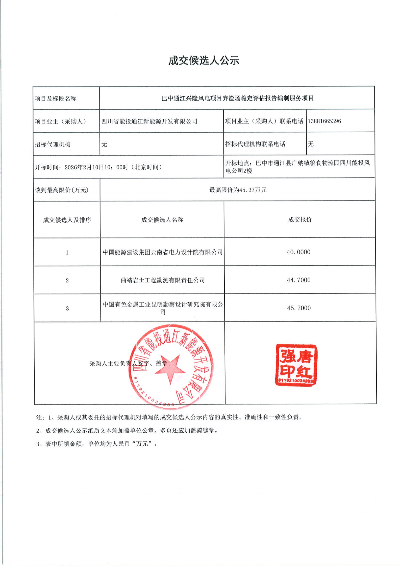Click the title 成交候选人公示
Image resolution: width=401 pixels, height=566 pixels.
click(x=204, y=61)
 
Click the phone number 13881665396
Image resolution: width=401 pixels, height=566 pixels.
click(x=324, y=121)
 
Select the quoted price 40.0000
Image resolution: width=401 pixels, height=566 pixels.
click(x=298, y=252)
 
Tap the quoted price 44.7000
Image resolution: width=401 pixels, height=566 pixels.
click(x=298, y=280)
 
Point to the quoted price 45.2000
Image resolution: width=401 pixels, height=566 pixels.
click(x=299, y=308)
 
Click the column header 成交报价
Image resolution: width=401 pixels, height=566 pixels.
click(x=300, y=220)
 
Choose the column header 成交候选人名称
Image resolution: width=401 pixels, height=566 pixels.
click(x=162, y=220)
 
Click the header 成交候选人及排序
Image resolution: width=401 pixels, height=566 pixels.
click(x=67, y=220)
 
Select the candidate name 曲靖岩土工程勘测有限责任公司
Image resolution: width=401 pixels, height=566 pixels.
click(x=163, y=280)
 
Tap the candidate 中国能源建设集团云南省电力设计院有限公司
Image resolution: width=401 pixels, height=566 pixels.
click(x=163, y=252)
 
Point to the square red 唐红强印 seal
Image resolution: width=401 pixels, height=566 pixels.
click(x=296, y=365)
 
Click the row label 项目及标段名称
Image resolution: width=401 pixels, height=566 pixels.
click(x=56, y=99)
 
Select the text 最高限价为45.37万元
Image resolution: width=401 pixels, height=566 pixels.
click(x=238, y=190)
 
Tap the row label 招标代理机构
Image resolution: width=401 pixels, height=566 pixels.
click(x=53, y=144)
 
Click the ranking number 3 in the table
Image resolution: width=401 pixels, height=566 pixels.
click(x=67, y=308)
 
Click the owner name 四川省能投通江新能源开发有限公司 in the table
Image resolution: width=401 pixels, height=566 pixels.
click(x=149, y=122)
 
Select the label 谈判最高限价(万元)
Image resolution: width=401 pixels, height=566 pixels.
click(x=62, y=190)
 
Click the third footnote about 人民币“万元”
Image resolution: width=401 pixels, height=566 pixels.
click(x=97, y=444)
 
